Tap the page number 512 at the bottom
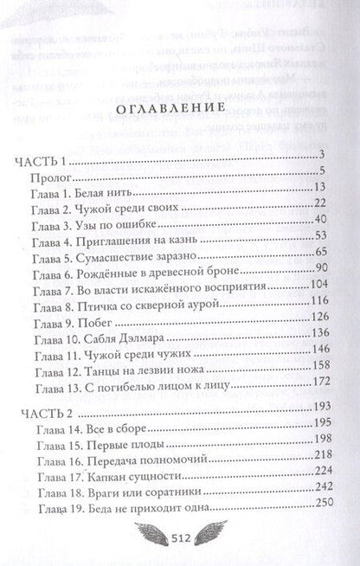tap(180, 535)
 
